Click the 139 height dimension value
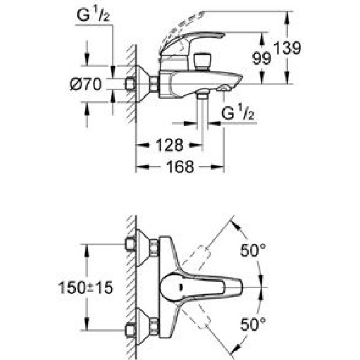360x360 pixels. pyautogui.click(x=287, y=48)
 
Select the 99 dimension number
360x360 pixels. pyautogui.click(x=261, y=58)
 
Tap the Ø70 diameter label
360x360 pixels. pyautogui.click(x=85, y=84)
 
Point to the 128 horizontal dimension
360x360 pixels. pyautogui.click(x=170, y=145)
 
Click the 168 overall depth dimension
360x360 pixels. pyautogui.click(x=180, y=166)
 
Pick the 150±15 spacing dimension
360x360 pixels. pyautogui.click(x=86, y=288)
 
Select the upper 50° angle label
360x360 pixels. pyautogui.click(x=253, y=250)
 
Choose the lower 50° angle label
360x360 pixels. pyautogui.click(x=253, y=324)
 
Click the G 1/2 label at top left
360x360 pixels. pyautogui.click(x=93, y=15)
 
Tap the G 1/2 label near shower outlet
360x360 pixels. pyautogui.click(x=238, y=112)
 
